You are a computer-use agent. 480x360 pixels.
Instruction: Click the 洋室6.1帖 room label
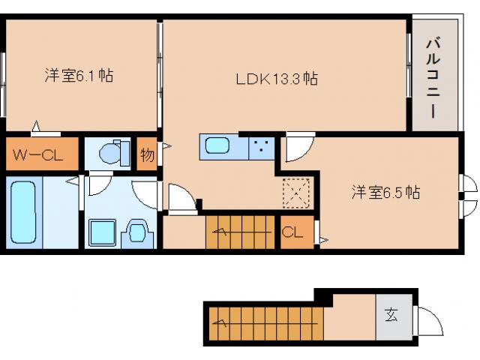[x=79, y=76]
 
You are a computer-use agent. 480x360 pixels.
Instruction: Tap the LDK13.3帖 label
[x=277, y=78]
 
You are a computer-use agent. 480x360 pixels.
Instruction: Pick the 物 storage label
[x=147, y=156]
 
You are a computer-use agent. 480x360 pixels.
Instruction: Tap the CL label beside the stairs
[x=292, y=232]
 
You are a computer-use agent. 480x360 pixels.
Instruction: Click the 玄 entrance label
[x=392, y=315]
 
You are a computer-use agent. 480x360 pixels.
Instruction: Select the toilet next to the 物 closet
[x=112, y=154]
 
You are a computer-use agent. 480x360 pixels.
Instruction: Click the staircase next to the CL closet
[x=241, y=232]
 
